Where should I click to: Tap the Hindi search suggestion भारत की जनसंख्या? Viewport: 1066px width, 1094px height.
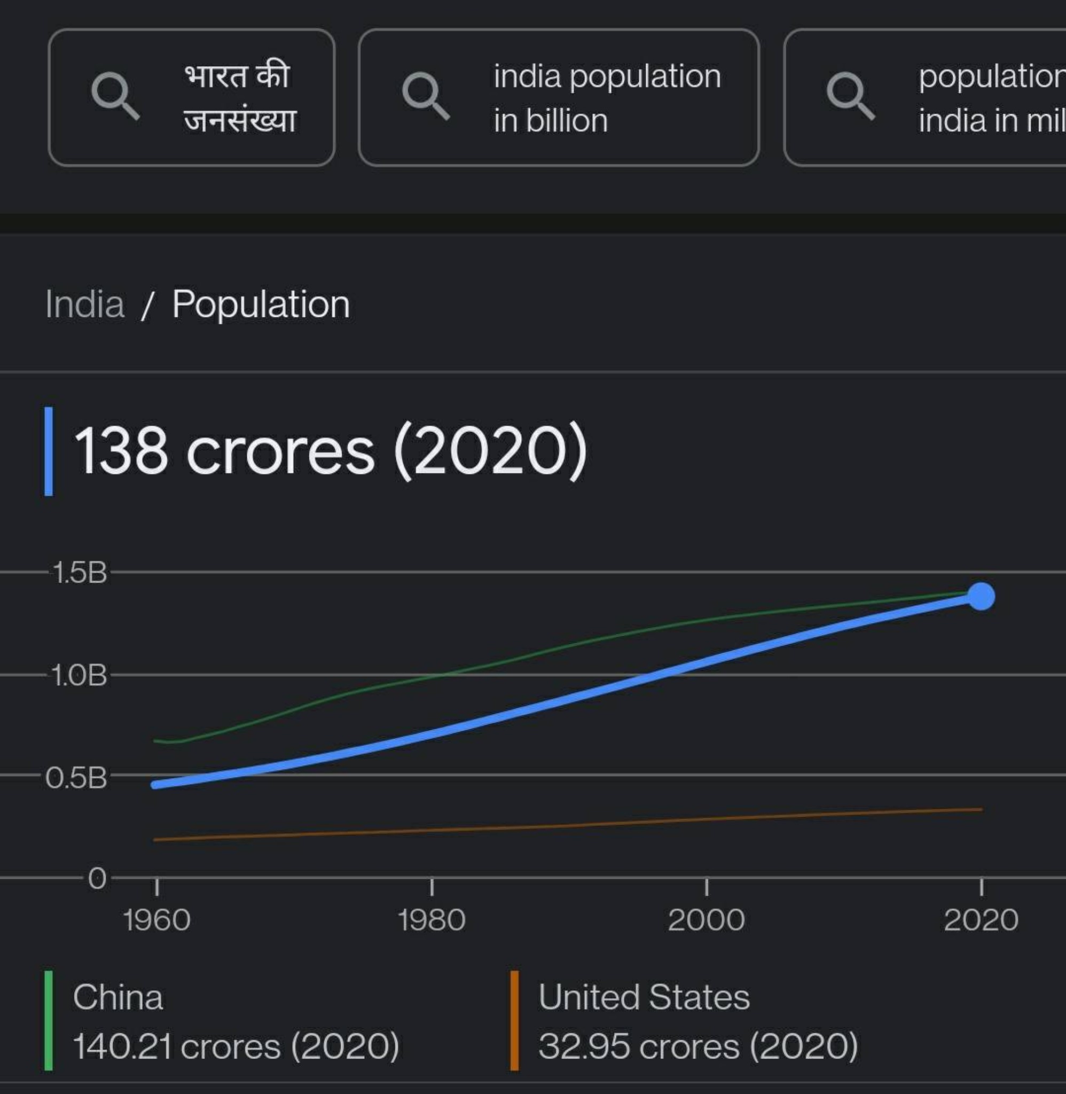click(192, 97)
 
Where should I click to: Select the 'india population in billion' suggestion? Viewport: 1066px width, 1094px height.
click(558, 97)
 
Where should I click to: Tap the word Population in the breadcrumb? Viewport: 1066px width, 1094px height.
click(261, 305)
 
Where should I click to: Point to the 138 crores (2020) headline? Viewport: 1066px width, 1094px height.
click(331, 451)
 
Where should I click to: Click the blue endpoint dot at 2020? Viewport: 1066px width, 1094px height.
click(981, 596)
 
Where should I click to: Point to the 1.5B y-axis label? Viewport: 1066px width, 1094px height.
click(80, 573)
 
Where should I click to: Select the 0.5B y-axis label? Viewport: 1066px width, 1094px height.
click(76, 778)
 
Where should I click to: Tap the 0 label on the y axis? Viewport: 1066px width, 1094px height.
click(97, 878)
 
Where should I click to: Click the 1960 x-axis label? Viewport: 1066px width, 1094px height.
click(157, 920)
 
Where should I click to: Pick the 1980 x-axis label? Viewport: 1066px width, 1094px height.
click(432, 920)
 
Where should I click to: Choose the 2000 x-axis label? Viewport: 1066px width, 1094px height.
click(707, 920)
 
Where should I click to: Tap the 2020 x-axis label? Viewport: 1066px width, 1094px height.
click(981, 920)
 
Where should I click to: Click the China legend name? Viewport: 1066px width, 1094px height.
click(118, 997)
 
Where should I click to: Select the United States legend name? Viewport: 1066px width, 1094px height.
click(644, 997)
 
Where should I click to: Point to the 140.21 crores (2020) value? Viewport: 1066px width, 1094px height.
click(236, 1046)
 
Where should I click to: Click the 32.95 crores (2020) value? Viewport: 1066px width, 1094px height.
click(698, 1046)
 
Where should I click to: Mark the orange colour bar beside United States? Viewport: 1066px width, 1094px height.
click(514, 1021)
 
